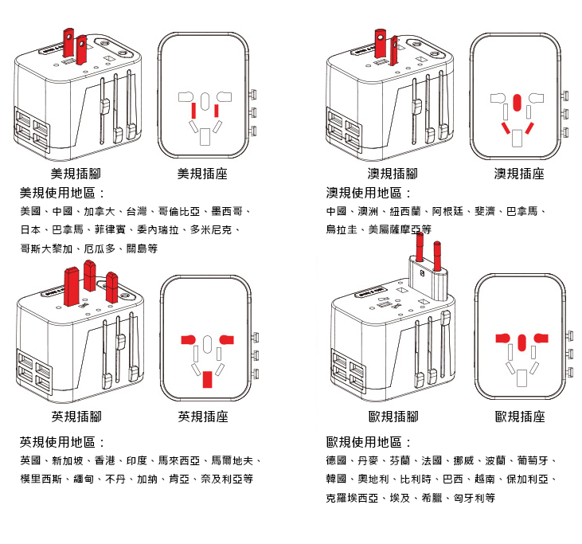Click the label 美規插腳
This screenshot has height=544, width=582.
pos(76,174)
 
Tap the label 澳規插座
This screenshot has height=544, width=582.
pos(519,174)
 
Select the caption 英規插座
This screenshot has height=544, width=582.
pos(203,417)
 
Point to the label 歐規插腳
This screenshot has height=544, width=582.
pos(393,417)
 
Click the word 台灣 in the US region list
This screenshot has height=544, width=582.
pos(137,211)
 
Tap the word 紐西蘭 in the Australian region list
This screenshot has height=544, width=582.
pos(405,211)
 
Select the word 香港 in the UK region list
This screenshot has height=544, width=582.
pos(105,460)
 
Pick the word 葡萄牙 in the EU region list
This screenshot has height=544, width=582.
pos(533,460)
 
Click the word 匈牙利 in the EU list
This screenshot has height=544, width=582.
pos(469,498)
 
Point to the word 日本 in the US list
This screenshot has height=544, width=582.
pos(30,229)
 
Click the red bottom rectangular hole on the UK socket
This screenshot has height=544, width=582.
pos(207,379)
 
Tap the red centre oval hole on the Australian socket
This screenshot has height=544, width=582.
pos(517,103)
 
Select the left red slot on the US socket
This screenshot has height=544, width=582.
pos(193,111)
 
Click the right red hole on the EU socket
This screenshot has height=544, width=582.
pos(541,338)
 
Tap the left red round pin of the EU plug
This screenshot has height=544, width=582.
pos(420,246)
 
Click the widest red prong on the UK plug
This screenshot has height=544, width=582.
pos(72,286)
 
